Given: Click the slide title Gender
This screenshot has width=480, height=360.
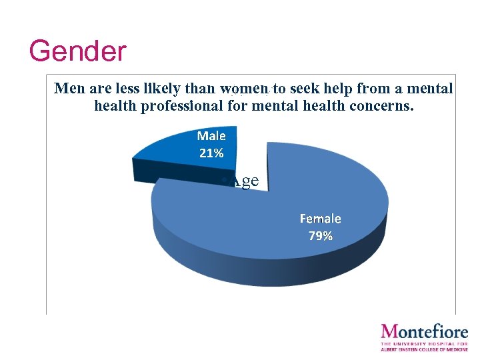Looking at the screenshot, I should [77, 51].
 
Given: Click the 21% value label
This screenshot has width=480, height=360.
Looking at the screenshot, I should [211, 153].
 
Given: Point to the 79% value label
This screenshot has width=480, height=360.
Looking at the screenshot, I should [320, 235].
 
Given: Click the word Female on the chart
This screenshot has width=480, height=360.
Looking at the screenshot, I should [320, 219].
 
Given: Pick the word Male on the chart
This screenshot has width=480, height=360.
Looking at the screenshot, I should [211, 136].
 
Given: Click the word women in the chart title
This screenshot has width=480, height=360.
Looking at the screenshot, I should [245, 89].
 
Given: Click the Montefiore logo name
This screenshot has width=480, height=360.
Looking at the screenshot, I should [425, 331].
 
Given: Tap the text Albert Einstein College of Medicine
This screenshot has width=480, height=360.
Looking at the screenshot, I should [425, 349].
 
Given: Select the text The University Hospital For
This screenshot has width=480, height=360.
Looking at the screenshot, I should [425, 343].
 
